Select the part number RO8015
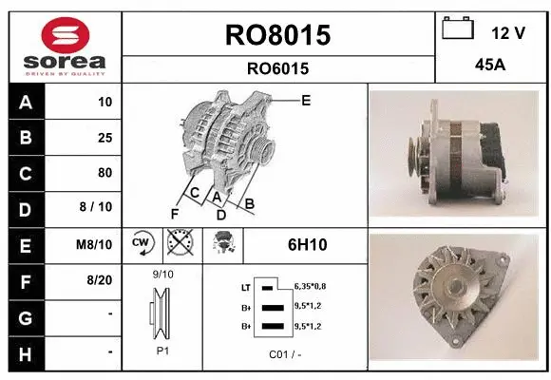[277, 35]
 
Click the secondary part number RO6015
[277, 68]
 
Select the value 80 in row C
[104, 173]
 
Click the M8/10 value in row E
[96, 244]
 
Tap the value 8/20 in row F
[100, 279]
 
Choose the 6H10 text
[307, 245]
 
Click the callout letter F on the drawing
[174, 213]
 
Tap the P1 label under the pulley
[162, 351]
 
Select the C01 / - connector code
[284, 353]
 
